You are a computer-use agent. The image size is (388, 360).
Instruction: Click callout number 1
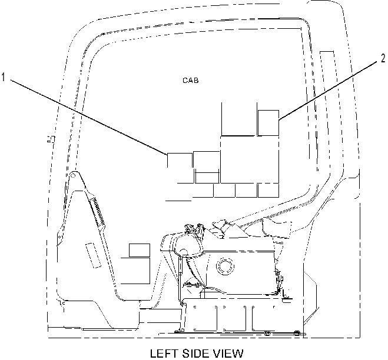(3, 77)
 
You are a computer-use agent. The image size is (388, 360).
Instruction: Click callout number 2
(383, 58)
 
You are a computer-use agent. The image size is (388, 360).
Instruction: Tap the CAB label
(191, 81)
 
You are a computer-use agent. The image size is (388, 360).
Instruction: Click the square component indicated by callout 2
(268, 123)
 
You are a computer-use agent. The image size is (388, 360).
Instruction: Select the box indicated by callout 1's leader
(180, 161)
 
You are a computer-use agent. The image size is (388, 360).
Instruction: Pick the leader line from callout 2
(328, 91)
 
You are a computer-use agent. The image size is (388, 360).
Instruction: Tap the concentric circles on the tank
(225, 266)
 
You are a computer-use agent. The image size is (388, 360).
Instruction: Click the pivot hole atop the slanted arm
(73, 175)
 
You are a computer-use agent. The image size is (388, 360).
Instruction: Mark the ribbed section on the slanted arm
(98, 211)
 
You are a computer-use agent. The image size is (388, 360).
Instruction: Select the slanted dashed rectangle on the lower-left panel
(93, 255)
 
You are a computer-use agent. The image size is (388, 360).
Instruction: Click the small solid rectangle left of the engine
(140, 250)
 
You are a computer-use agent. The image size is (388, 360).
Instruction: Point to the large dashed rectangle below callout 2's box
(250, 159)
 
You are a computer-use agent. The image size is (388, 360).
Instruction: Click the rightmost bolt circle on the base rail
(296, 333)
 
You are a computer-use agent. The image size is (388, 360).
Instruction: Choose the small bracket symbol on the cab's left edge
(51, 139)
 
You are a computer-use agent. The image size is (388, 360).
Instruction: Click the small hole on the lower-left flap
(59, 237)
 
